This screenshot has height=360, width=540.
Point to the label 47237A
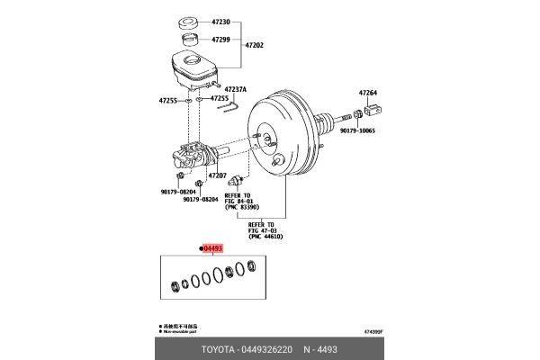pos(236,89)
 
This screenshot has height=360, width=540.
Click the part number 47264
pos(370,93)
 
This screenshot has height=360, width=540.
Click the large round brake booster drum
pos(283,135)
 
